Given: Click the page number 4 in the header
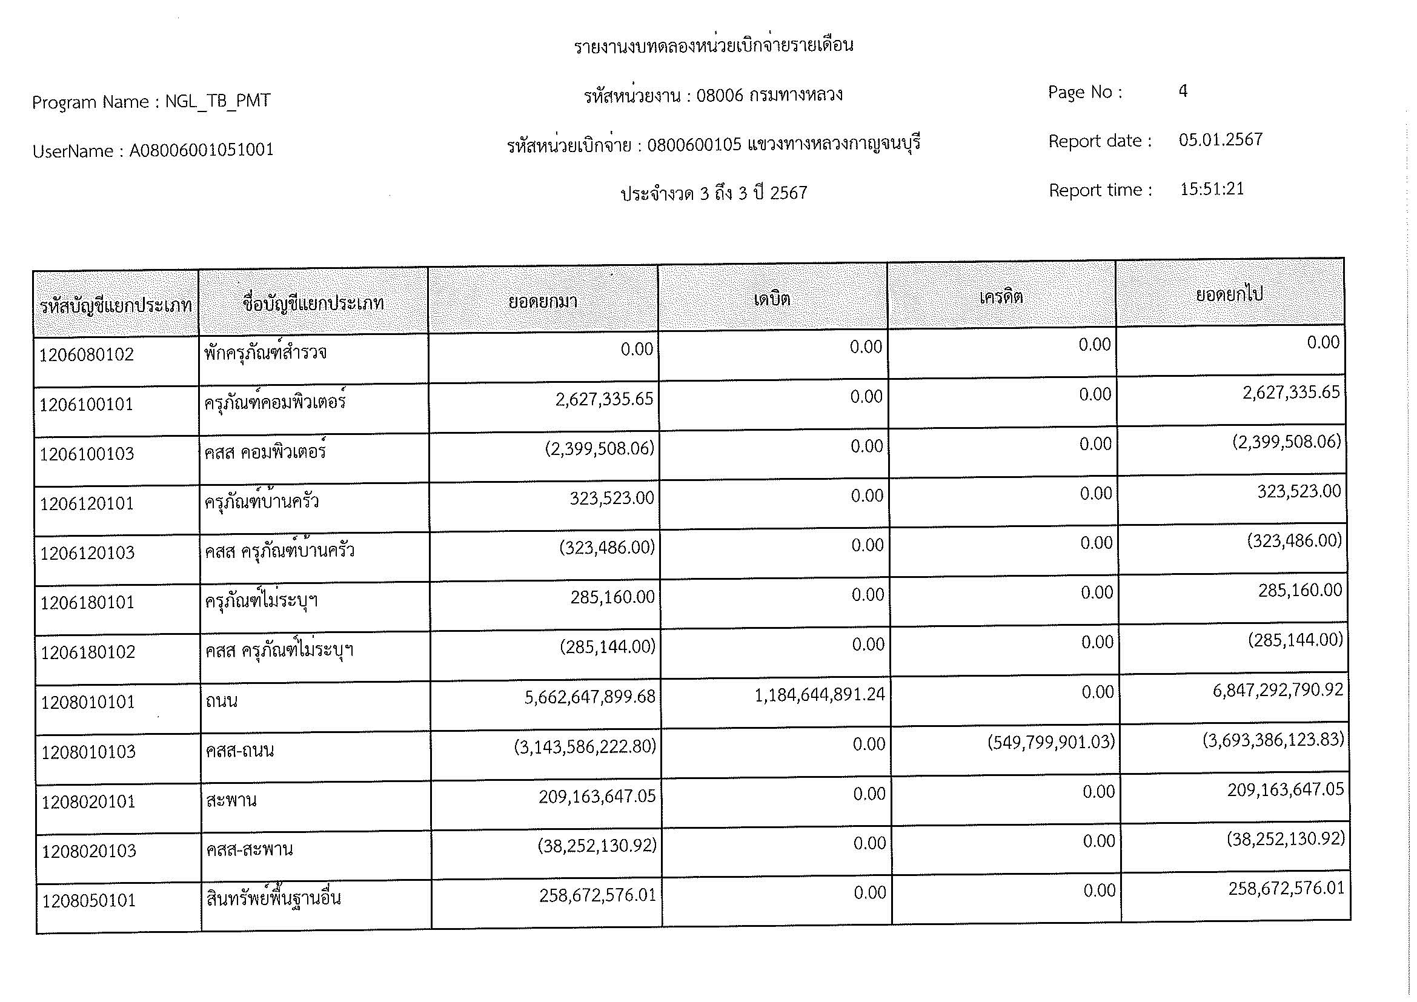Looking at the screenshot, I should [1183, 91].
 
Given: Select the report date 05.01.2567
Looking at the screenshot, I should [1220, 139].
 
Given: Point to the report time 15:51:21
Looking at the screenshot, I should [1212, 189].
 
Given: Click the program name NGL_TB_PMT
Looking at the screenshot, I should [217, 101].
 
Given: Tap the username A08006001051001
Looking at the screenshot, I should [201, 150].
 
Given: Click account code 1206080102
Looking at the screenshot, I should [87, 355].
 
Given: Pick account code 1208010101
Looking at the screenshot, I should [88, 702].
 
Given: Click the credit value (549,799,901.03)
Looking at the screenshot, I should [1050, 742].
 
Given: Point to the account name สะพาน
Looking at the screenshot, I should [231, 801].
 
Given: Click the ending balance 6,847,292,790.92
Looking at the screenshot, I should [1277, 690].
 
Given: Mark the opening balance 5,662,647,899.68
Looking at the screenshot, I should [589, 697].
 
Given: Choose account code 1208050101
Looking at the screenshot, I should [89, 901].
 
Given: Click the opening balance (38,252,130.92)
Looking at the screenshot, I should [596, 845].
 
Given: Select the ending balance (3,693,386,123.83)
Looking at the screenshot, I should [1273, 740].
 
